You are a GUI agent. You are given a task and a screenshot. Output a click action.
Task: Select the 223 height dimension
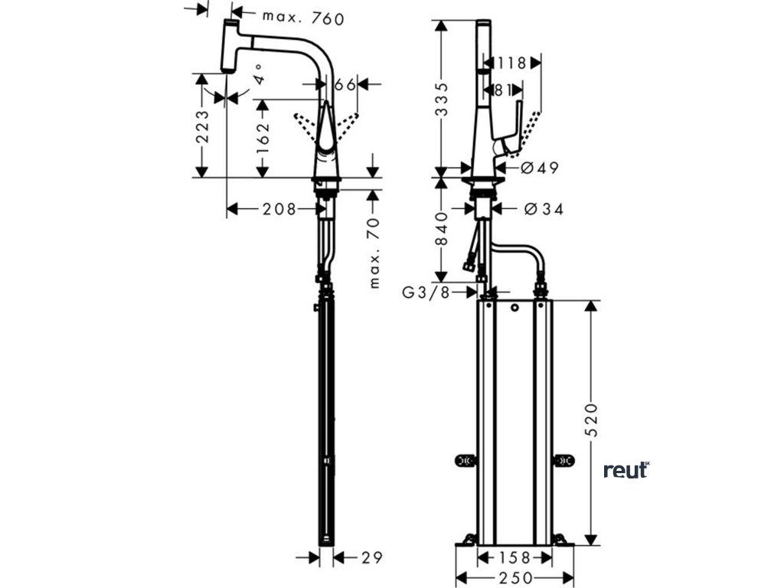201,126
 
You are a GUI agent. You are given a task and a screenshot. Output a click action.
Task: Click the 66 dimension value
346,85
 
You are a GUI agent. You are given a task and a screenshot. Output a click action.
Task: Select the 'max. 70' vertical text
374,251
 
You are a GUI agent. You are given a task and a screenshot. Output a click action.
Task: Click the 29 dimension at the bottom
371,557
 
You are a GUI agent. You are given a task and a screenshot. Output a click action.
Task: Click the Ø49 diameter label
540,168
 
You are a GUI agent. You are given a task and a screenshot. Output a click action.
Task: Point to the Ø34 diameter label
543,208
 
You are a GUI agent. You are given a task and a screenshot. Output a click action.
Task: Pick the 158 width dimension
514,558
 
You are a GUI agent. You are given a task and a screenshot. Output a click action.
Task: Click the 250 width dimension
514,577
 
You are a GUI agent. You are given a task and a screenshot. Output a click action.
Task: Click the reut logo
626,470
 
